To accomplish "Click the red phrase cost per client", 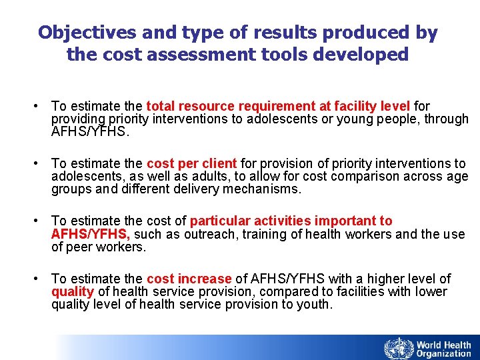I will pos(191,163).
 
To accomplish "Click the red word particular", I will pos(219,221).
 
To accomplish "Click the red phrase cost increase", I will pos(189,279).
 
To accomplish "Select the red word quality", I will pos(73,291).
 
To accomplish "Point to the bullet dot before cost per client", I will pos(42,164).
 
